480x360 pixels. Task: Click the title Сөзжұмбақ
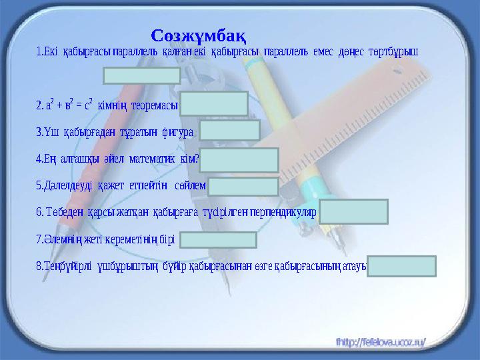(199, 36)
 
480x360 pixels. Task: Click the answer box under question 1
(142, 75)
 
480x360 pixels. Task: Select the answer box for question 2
(214, 103)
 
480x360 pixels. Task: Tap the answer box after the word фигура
(229, 130)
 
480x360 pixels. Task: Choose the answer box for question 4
(239, 160)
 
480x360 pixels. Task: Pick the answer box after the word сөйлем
(243, 187)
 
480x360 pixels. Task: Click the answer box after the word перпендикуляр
(353, 211)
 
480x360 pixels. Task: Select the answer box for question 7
(218, 240)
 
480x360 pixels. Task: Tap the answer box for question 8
(401, 266)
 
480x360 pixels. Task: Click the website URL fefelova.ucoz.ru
(381, 342)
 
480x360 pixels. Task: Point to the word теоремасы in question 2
(155, 105)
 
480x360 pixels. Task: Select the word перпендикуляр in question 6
(283, 212)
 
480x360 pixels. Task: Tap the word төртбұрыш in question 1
(393, 52)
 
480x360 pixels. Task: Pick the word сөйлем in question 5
(190, 185)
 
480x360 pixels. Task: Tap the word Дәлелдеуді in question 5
(68, 185)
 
